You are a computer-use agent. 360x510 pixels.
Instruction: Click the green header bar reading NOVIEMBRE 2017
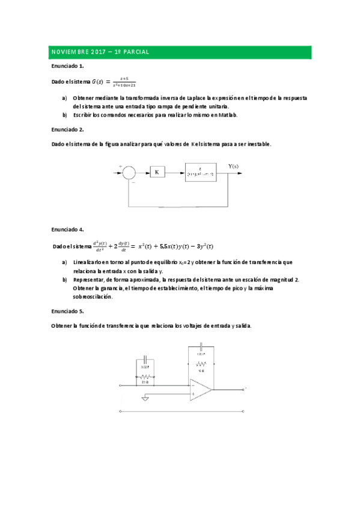(180, 52)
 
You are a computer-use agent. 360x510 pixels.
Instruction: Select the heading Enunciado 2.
(67, 129)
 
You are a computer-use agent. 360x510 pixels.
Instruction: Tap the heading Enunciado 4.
(67, 230)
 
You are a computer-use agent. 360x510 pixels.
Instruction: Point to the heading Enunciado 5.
(67, 311)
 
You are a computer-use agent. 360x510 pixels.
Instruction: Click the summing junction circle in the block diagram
(129, 173)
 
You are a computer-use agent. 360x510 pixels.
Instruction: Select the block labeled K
(157, 173)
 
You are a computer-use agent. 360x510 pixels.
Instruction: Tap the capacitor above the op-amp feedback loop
(202, 347)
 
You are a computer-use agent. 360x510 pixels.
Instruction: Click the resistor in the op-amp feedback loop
(202, 364)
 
